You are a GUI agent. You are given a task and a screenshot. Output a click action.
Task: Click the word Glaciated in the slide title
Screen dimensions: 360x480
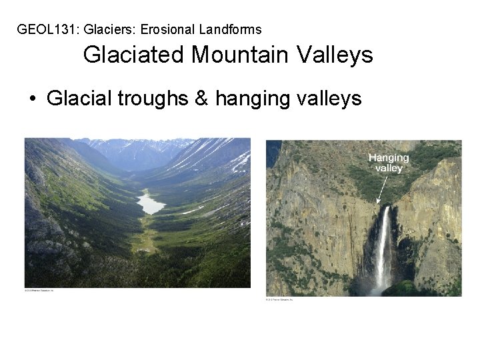click(x=135, y=55)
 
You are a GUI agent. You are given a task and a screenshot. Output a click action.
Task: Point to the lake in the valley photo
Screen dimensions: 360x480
click(x=151, y=202)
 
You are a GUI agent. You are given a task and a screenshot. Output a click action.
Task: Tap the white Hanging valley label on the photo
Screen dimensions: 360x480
click(x=389, y=163)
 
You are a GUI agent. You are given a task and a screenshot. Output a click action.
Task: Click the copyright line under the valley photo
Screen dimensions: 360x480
click(x=39, y=290)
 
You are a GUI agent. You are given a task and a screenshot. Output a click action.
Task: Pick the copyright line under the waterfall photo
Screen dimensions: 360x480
click(x=279, y=299)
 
